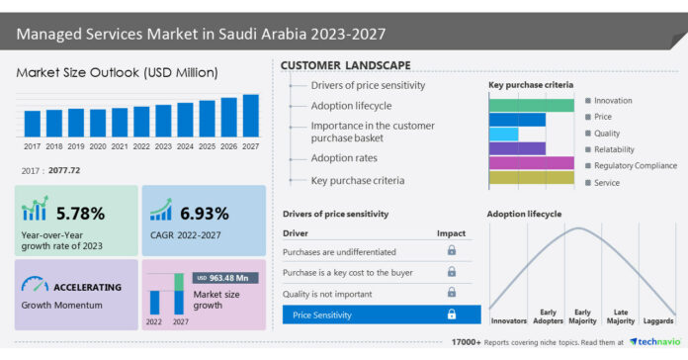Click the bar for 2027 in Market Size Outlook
click(x=250, y=116)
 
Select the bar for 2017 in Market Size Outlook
click(x=32, y=123)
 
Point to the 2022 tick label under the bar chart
click(x=141, y=145)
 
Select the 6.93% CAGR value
click(x=205, y=212)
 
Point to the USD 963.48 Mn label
click(x=228, y=278)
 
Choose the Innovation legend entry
click(x=613, y=101)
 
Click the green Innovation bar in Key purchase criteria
click(x=531, y=104)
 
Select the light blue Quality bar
click(x=503, y=134)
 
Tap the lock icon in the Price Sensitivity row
click(x=452, y=315)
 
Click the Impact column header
click(x=451, y=233)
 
